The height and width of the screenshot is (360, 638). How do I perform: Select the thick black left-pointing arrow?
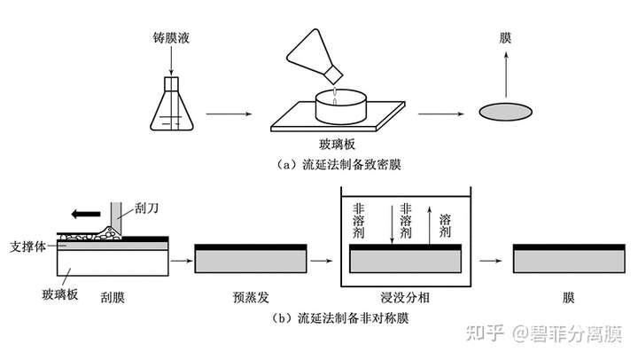86,214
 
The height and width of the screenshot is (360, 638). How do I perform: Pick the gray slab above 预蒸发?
250,260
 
